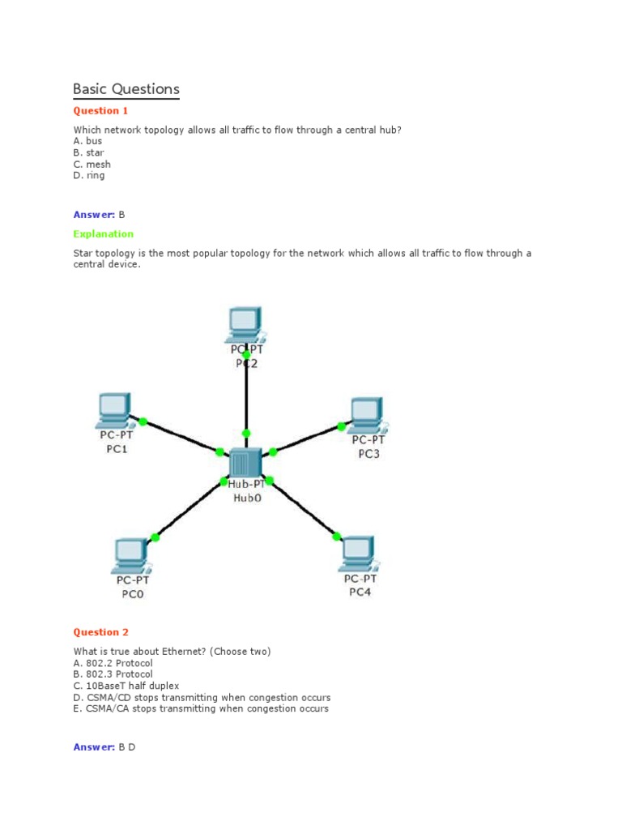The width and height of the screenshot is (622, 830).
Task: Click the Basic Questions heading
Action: point(126,89)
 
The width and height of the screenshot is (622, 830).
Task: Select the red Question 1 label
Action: point(100,111)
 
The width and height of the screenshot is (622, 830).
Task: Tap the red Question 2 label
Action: point(100,632)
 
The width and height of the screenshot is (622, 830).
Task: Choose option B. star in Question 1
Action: point(88,152)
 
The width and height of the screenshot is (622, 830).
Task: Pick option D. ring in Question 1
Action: point(88,175)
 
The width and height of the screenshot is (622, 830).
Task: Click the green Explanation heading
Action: point(103,234)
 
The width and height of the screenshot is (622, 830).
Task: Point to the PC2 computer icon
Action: point(244,323)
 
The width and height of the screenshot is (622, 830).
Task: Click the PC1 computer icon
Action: point(113,410)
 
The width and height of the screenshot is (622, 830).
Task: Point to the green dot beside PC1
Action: point(143,421)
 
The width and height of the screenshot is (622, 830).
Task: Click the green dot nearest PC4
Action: point(337,536)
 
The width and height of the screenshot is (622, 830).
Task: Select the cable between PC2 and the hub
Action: point(245,393)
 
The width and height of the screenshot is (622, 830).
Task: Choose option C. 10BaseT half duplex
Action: point(126,686)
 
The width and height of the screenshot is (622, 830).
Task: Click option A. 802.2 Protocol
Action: point(113,663)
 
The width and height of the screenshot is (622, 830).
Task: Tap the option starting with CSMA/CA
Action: point(201,708)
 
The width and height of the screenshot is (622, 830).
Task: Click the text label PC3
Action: point(369,454)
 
